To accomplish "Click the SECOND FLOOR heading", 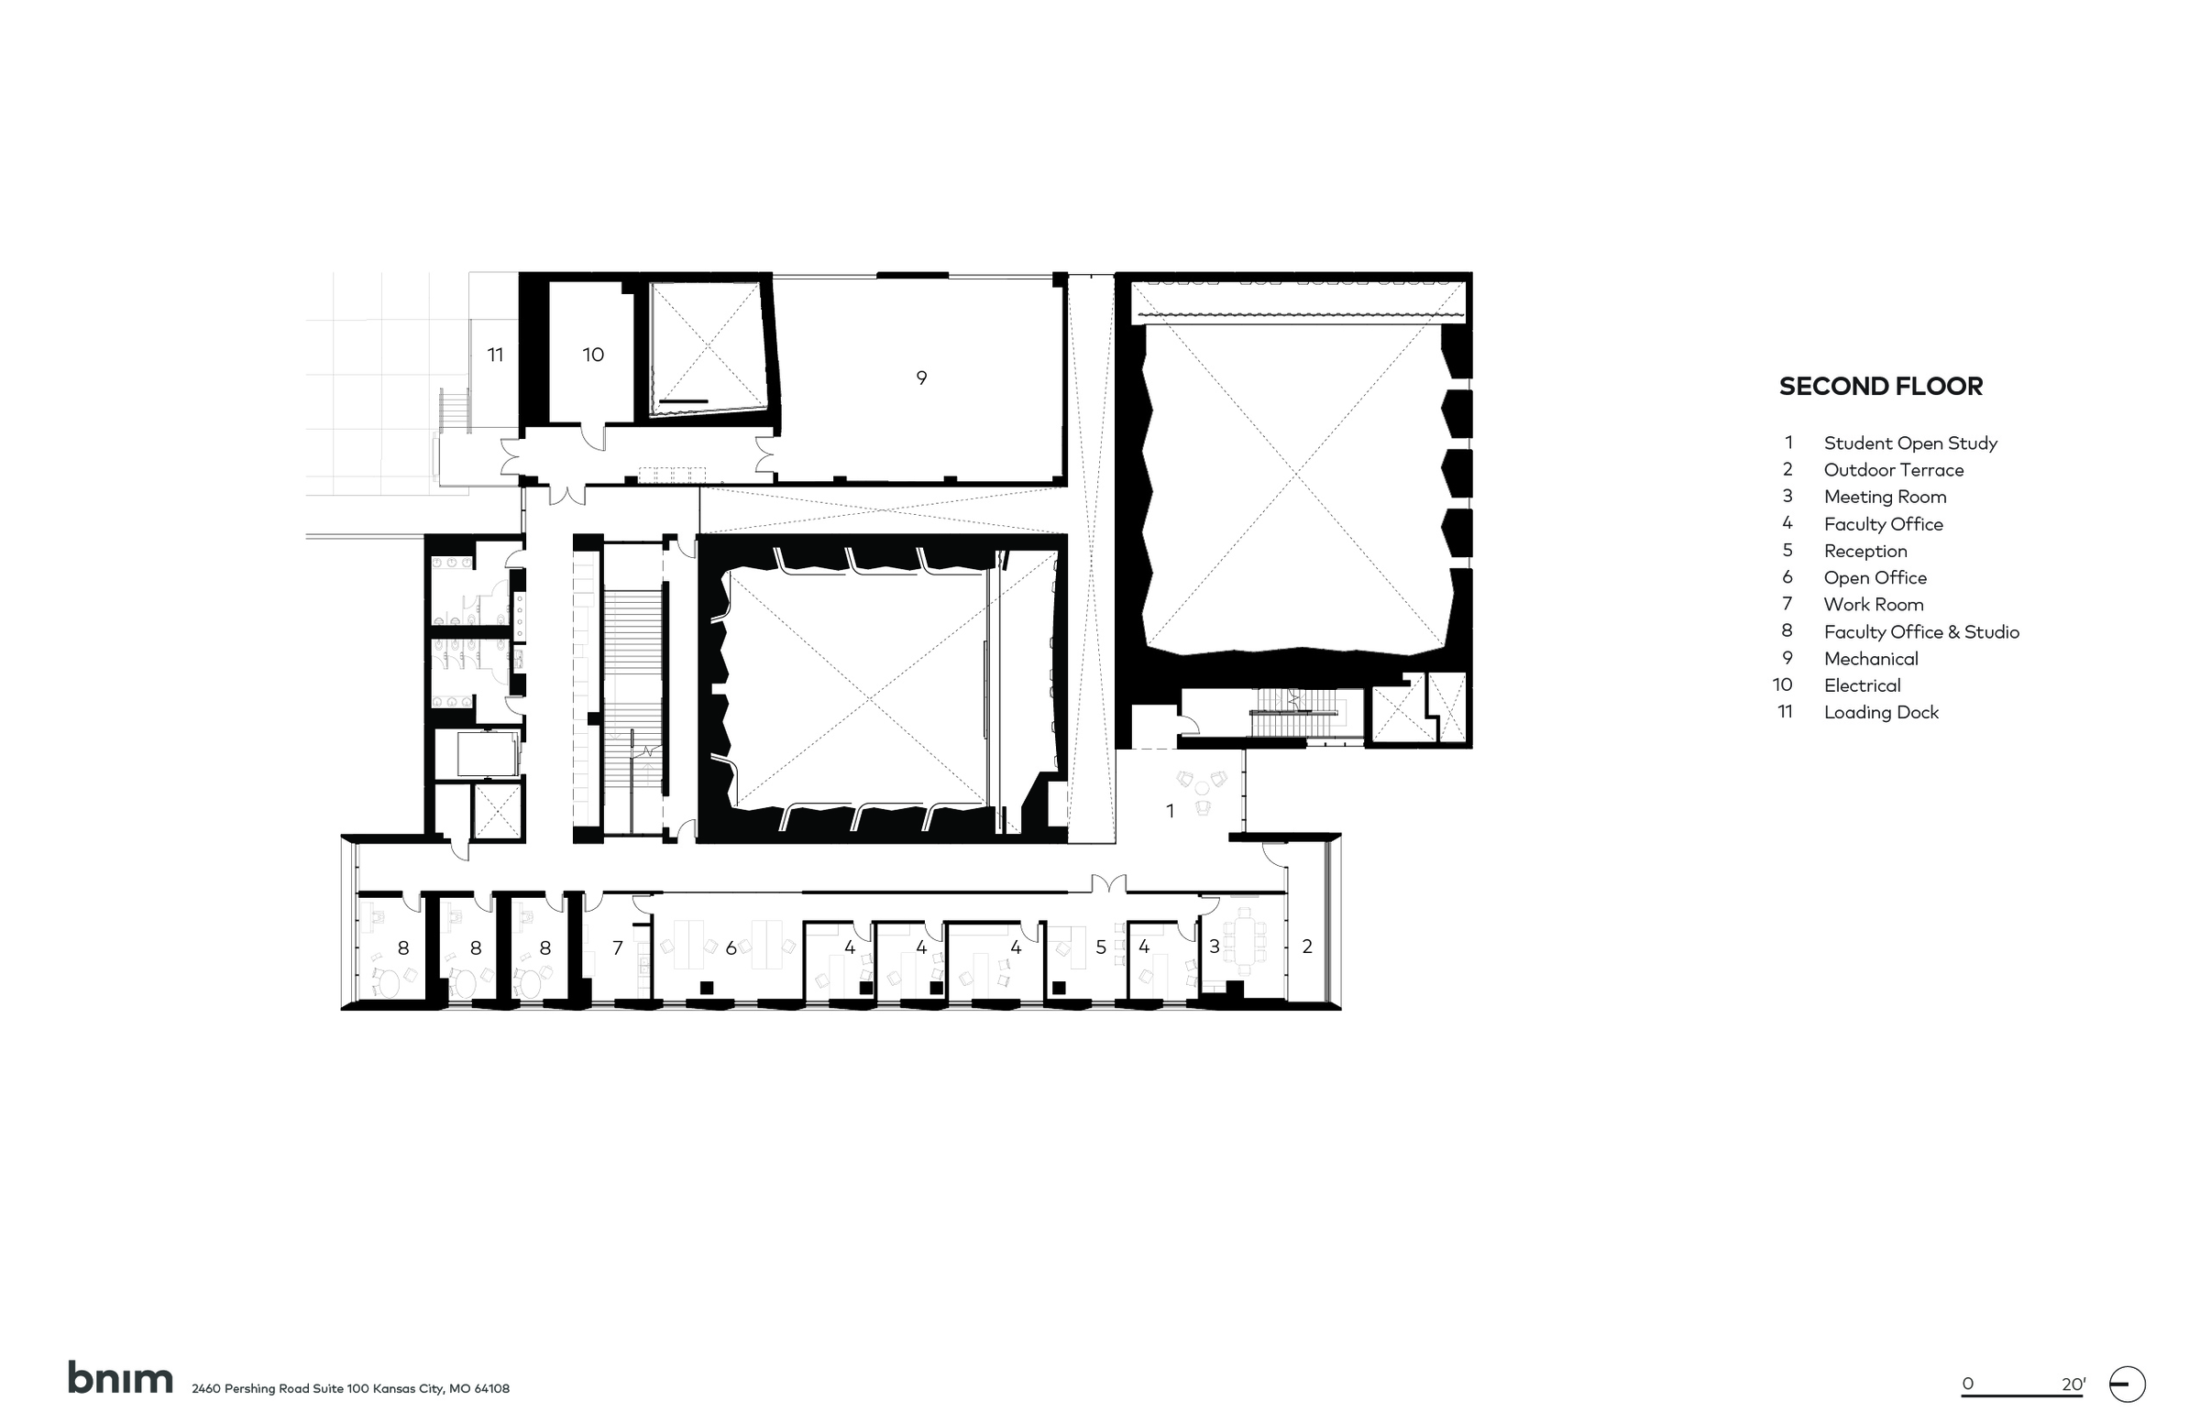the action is pos(1880,387).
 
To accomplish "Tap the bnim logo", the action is pos(120,1377).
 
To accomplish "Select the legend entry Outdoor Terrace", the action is pos(1893,469).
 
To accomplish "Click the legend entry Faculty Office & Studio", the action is pos(1920,632).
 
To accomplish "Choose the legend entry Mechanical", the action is pos(1871,659).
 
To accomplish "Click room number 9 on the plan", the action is pos(920,378).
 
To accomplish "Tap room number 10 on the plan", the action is pos(592,355).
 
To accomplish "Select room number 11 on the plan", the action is pos(496,355).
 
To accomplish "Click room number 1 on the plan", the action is pos(1171,811).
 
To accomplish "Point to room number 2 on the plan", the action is pos(1307,947).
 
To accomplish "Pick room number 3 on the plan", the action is pos(1215,947).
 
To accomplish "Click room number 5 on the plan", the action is pos(1101,947).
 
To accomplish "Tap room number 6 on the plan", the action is pos(731,948).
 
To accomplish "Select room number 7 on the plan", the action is pos(618,947).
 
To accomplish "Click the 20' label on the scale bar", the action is pos(2073,1385).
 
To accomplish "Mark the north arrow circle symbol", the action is pos(2127,1385).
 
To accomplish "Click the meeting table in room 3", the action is pos(1246,940).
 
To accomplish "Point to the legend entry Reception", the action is pos(1865,551).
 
